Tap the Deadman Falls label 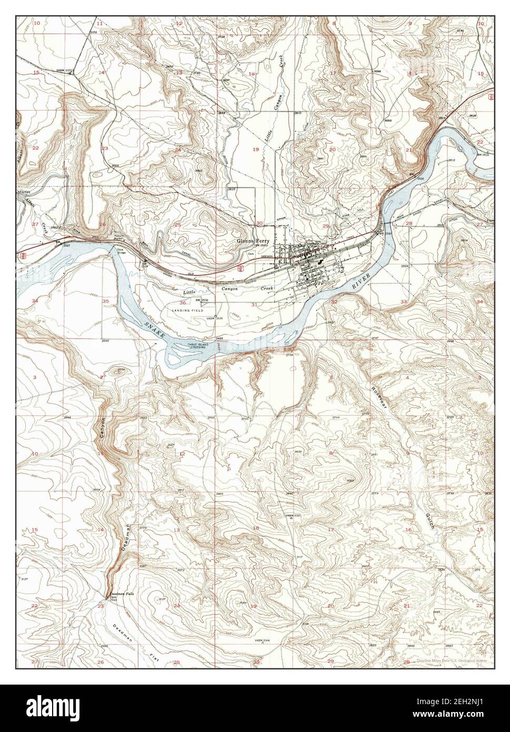120,593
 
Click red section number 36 183,303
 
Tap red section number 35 105,301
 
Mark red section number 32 334,302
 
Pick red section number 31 254,304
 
